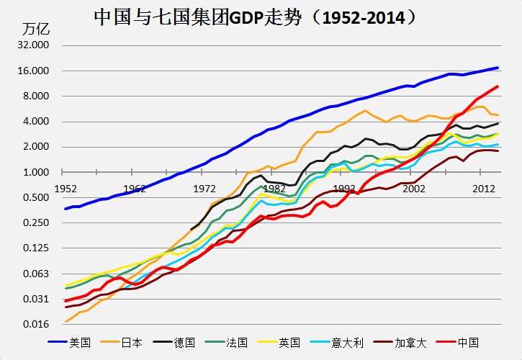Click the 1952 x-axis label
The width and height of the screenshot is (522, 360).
[x=66, y=188]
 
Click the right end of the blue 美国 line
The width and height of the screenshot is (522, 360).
[x=498, y=68]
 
